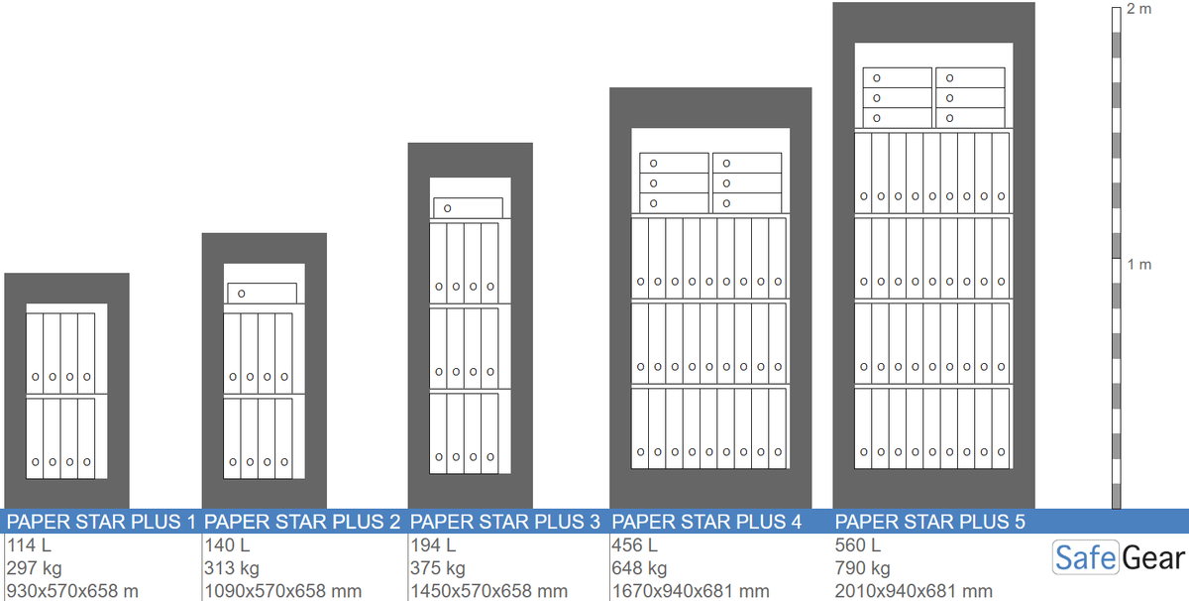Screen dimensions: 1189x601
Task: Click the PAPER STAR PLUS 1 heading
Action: point(101,522)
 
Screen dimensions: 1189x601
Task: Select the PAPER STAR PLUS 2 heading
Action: point(302,522)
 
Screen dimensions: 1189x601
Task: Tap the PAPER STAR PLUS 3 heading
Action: point(504,522)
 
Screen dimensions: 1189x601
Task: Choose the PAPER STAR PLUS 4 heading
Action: point(706,522)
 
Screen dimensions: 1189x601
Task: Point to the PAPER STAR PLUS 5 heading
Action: point(930,522)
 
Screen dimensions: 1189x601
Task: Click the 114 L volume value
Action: point(29,545)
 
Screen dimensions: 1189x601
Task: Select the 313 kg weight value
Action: point(232,568)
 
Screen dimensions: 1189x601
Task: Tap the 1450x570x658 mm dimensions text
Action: point(488,591)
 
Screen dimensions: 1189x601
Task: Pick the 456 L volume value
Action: point(634,545)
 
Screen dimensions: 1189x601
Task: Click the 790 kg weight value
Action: point(862,568)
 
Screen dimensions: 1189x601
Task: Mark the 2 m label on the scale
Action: point(1139,9)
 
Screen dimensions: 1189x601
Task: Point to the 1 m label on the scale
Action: point(1139,264)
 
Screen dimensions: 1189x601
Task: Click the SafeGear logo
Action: point(1119,558)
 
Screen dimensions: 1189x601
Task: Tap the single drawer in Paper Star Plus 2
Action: point(263,294)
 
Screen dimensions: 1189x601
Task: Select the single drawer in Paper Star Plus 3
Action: point(468,208)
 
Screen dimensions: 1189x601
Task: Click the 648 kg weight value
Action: point(638,568)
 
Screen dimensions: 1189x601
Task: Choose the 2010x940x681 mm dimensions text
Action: point(914,591)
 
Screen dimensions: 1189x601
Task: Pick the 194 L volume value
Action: point(433,545)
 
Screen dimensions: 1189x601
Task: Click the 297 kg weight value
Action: point(34,568)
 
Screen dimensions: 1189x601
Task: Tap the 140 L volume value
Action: point(227,545)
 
